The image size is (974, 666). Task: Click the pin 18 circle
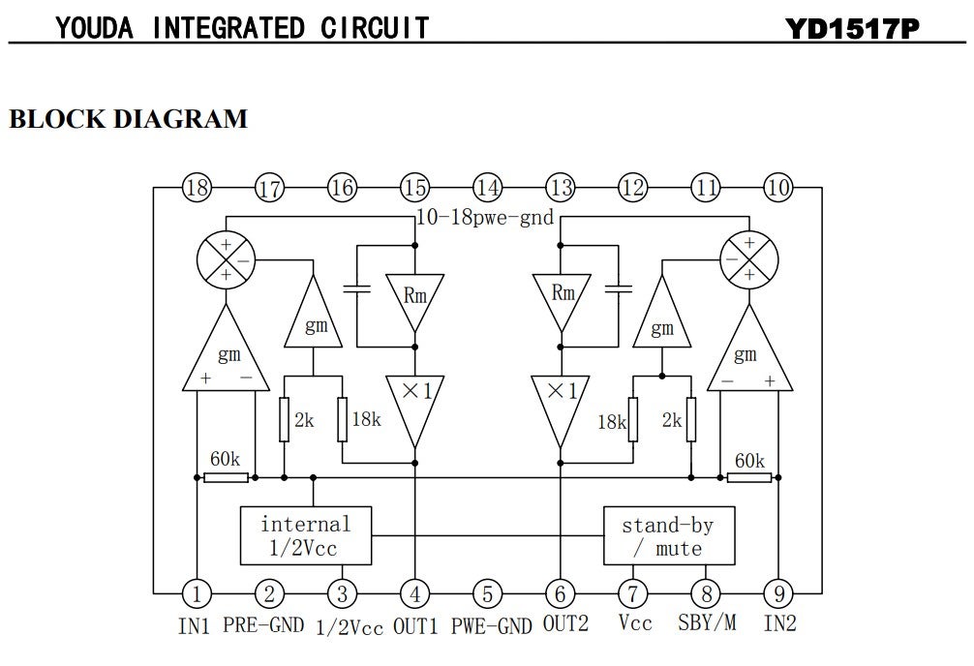[197, 188]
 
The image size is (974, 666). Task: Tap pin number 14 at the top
[487, 188]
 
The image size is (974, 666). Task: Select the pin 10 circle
[777, 188]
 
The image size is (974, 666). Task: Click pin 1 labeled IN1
[197, 592]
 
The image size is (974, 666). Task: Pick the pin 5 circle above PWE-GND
[487, 592]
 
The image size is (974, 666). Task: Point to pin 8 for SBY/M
[705, 592]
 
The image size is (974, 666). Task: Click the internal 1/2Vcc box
[306, 535]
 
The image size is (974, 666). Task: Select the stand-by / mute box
[667, 535]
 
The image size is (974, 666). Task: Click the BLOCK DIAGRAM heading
[128, 119]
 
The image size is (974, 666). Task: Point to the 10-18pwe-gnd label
[484, 217]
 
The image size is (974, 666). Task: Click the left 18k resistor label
[365, 419]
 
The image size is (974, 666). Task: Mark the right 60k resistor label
[749, 461]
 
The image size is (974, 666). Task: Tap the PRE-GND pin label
[264, 624]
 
